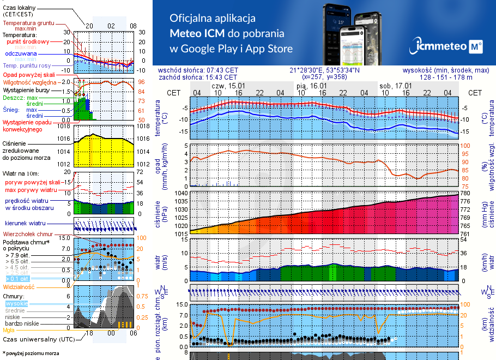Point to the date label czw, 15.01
click(228, 86)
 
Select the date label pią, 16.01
click(312, 86)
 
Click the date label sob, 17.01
click(395, 86)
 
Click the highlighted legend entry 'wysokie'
click(16, 303)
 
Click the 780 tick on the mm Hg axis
click(466, 193)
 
